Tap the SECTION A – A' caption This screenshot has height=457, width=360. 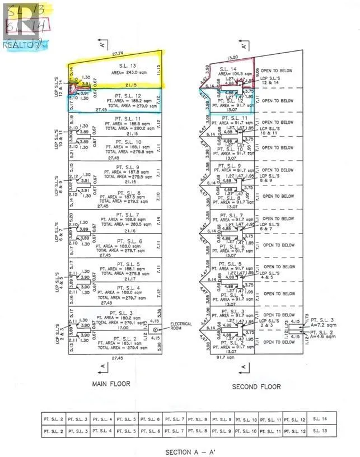187,451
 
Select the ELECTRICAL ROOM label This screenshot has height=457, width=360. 180,327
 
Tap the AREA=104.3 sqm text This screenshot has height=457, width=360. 234,73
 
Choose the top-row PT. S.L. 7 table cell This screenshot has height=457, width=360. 175,419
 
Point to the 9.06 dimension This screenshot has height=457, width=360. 257,71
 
